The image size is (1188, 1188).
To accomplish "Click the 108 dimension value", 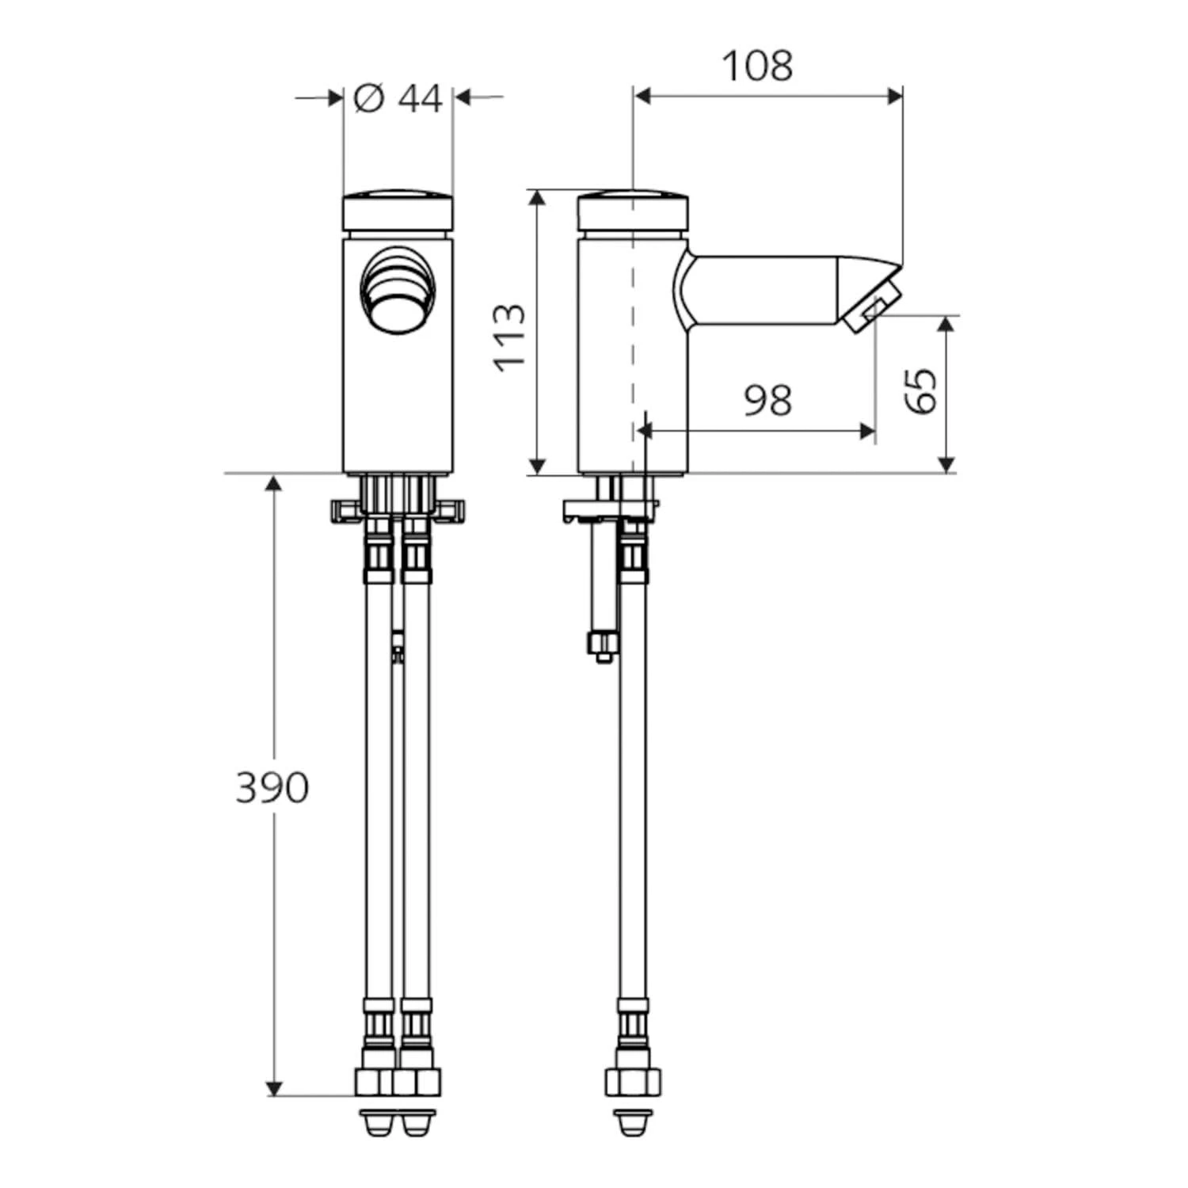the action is point(757,66).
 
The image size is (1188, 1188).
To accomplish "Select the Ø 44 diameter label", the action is point(398,98).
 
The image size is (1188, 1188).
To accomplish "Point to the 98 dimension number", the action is point(767,400).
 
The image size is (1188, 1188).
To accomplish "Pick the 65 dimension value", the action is point(921,390).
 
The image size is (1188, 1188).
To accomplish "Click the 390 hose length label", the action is point(272,787).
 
